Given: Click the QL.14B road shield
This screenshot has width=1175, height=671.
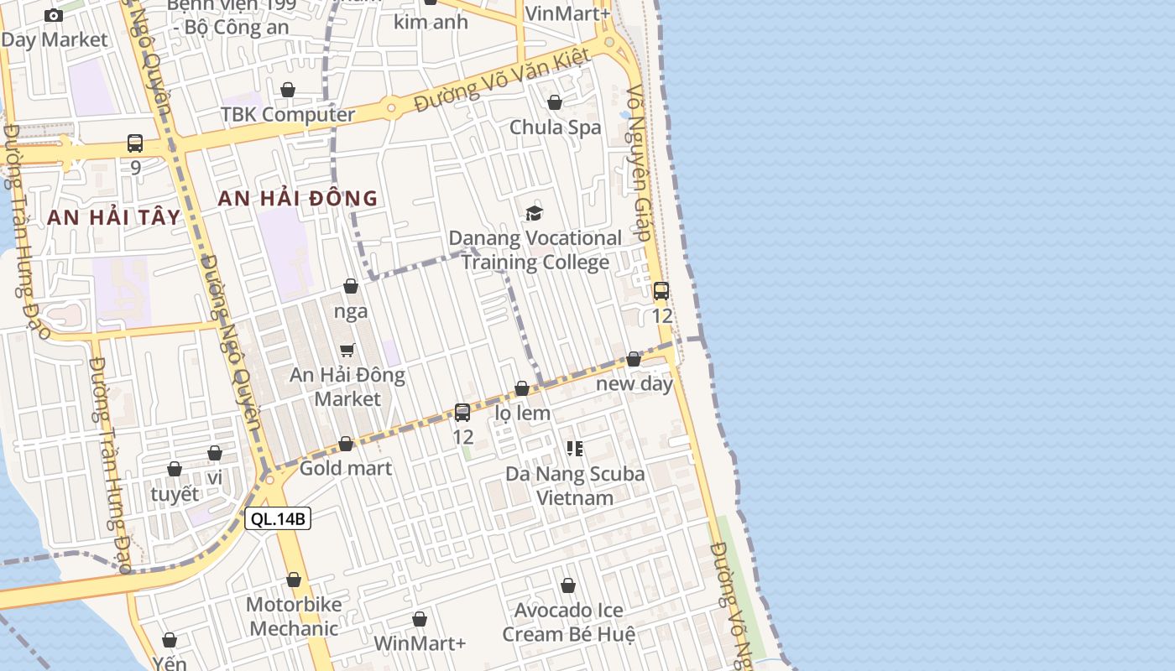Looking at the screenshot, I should coord(278,518).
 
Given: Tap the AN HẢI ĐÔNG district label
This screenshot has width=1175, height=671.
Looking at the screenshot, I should coord(298,199).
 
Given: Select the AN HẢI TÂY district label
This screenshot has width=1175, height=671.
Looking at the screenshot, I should coord(114,217).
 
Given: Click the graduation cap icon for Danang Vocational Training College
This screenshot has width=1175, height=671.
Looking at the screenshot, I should coord(534,213).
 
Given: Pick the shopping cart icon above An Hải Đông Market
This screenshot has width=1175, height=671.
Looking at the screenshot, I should coord(347,350).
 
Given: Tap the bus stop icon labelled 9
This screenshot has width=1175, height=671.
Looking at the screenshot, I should coord(135,143).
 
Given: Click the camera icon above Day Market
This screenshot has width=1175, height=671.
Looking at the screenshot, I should coord(54,15).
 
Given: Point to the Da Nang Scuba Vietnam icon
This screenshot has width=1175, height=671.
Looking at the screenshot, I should coord(575,449).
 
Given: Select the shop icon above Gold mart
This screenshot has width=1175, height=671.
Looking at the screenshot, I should coord(346,444).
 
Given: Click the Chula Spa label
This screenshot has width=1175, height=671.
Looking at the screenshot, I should coord(556,127).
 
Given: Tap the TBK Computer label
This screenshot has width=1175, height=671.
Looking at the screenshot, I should coord(288,114).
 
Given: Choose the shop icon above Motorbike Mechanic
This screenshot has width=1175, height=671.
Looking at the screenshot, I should coord(294,580).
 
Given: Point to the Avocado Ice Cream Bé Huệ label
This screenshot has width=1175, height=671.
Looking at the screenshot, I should coord(568,622).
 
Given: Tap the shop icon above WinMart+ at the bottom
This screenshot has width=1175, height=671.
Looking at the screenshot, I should coord(420,619).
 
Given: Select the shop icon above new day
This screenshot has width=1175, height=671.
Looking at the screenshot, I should coord(634,359).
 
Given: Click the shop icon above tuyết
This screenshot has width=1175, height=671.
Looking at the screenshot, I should coord(175,469).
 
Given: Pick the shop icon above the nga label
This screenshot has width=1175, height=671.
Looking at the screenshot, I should coord(351,287).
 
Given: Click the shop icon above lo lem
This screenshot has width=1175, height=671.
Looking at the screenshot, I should coord(522,388).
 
